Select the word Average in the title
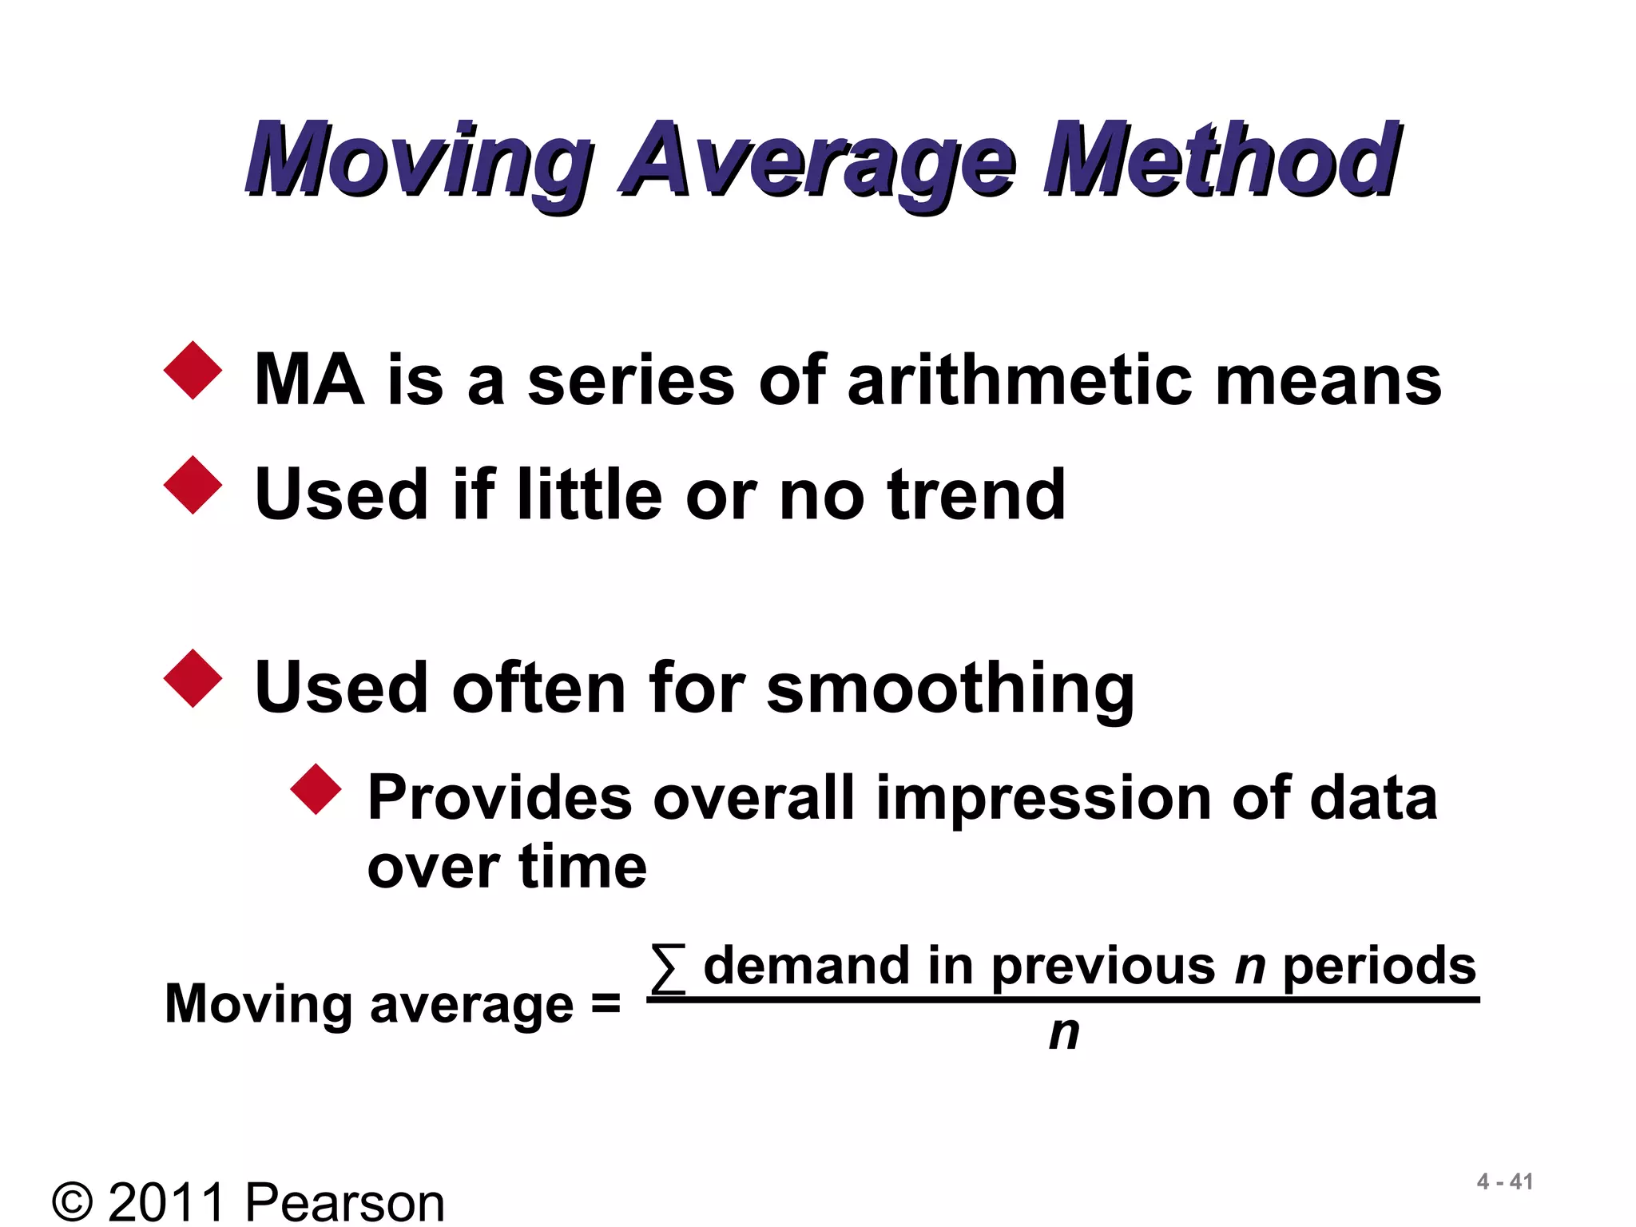pos(819,160)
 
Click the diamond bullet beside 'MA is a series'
pos(193,371)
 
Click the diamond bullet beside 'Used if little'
pos(193,485)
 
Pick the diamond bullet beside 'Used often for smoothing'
pos(193,678)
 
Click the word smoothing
pos(950,689)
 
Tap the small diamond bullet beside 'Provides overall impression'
pos(316,789)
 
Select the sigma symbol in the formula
pos(669,968)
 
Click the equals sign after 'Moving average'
pos(606,1003)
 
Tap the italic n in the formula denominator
pos(1063,1034)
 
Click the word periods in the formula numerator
pos(1379,967)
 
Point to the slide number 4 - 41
pos(1505,1181)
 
